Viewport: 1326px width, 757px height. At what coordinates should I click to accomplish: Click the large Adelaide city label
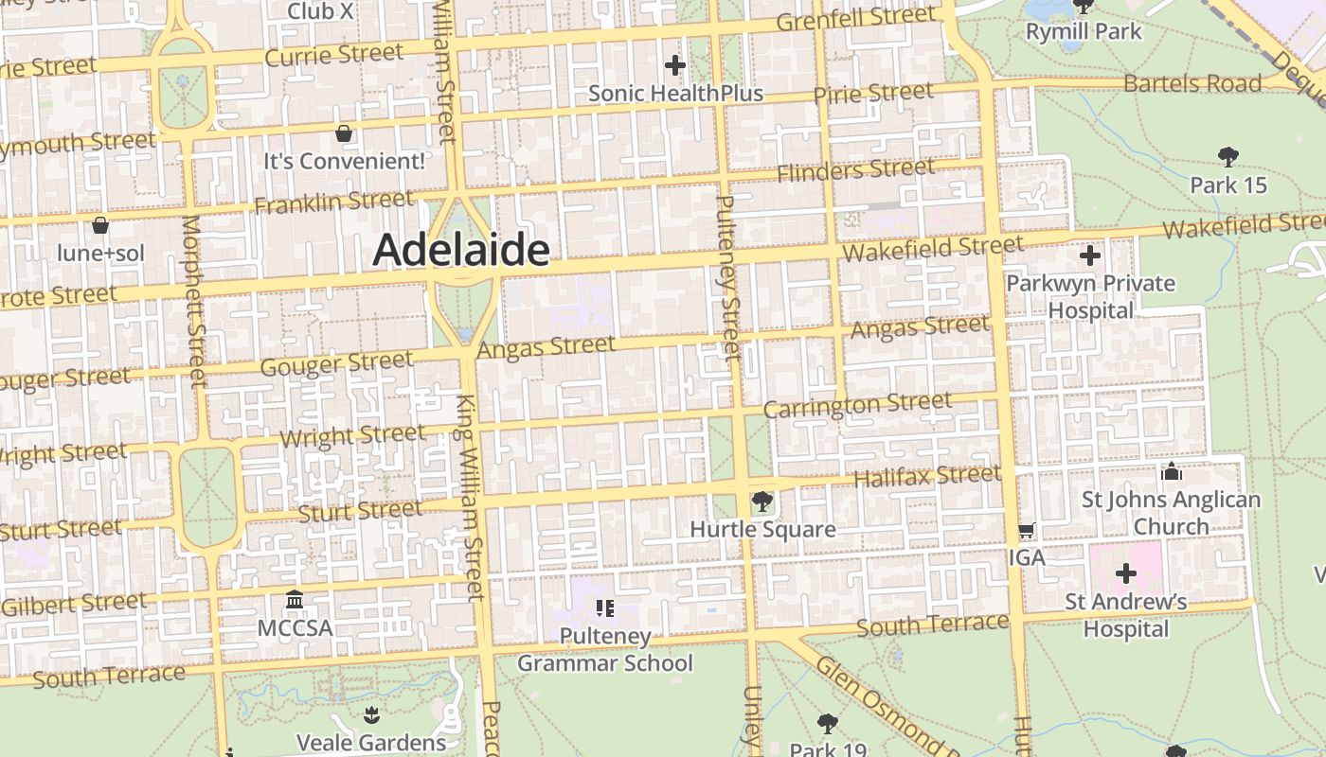pos(461,250)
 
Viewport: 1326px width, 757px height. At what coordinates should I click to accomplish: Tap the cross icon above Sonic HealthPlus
pos(675,65)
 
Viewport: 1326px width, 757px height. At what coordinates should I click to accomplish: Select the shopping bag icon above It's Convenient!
pos(344,133)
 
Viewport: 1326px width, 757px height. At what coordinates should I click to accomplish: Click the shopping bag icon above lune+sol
pos(100,225)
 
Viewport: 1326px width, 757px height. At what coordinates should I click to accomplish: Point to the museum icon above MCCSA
pos(295,600)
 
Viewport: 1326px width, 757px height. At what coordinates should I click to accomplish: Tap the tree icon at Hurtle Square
pos(762,502)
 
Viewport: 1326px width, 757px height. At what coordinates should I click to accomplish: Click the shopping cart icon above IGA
pos(1027,531)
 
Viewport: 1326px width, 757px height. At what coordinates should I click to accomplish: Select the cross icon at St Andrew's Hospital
pos(1126,573)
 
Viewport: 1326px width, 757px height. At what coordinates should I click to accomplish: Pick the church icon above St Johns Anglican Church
pos(1172,471)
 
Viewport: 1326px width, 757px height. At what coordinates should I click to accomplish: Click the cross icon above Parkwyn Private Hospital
pos(1090,255)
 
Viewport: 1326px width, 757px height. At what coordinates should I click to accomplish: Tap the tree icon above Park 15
pos(1228,156)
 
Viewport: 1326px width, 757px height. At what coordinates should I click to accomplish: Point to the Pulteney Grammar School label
pos(605,649)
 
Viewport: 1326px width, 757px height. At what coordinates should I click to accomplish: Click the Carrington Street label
pos(857,405)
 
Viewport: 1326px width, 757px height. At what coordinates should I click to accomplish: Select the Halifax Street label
pos(927,476)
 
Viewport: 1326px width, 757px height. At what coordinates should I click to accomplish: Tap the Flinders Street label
pos(855,170)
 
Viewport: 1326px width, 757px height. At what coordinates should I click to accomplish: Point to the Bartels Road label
pos(1192,83)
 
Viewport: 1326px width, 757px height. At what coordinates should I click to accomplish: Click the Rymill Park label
pos(1084,31)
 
